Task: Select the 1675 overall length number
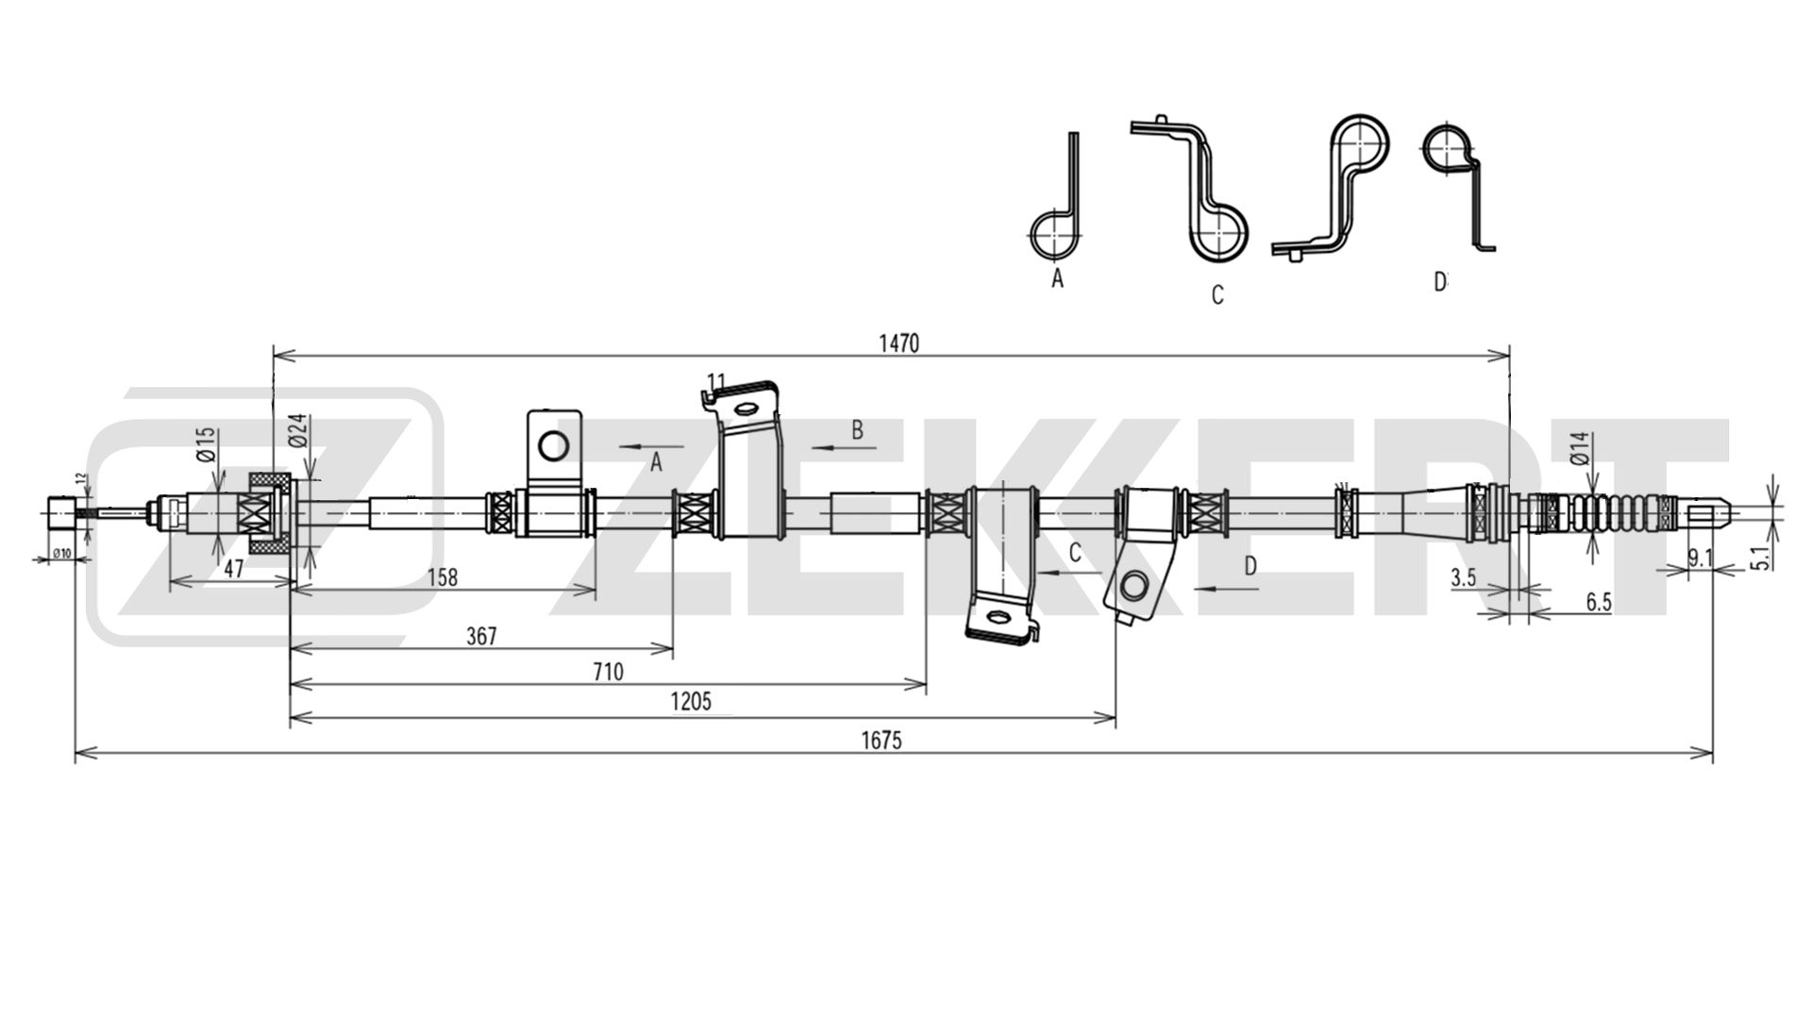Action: click(x=881, y=741)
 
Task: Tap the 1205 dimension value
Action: click(x=690, y=701)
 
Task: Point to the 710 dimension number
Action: click(x=608, y=672)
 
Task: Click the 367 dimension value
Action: click(x=480, y=637)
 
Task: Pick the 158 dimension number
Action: click(x=442, y=576)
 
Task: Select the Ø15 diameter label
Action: click(x=208, y=443)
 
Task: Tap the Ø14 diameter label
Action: click(x=1583, y=447)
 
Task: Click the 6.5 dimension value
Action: click(x=1599, y=603)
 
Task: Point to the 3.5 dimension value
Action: click(x=1463, y=578)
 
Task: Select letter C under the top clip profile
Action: click(x=1217, y=295)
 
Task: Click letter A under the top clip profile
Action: click(x=1057, y=278)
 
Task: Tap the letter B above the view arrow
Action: click(x=857, y=430)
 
